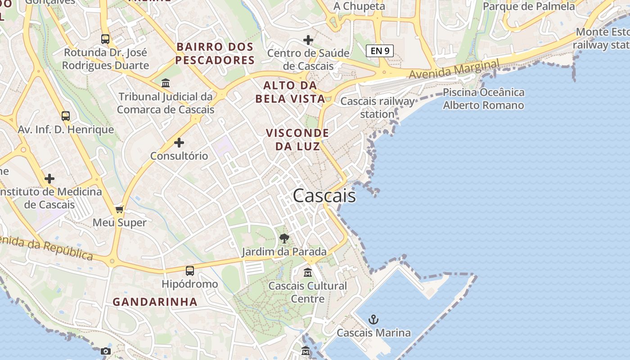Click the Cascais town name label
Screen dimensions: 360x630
pos(324,196)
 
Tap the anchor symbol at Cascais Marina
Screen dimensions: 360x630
pos(373,319)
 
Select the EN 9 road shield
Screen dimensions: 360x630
pos(380,51)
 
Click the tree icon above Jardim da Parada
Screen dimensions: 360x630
pos(284,238)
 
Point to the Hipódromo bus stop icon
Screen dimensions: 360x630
pos(190,270)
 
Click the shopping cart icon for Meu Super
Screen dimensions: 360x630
pos(120,209)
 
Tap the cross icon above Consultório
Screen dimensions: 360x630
pos(179,143)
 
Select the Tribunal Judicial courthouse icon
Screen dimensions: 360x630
pos(166,83)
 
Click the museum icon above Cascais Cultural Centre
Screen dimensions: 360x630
pos(308,272)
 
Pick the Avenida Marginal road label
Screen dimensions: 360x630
pos(454,69)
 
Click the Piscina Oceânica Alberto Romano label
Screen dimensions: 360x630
pos(483,99)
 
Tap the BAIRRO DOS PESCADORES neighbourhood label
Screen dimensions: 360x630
pos(215,53)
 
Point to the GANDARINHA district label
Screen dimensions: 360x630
pos(155,301)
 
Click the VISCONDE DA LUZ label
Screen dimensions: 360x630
pos(297,139)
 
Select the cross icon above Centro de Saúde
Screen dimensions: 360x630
pos(308,40)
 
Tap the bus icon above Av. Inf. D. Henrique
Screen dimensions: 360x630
pos(66,116)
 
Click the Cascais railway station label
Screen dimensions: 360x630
pos(377,107)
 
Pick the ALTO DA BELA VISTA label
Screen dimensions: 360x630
pos(290,92)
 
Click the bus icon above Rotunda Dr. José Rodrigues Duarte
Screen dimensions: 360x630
pos(105,39)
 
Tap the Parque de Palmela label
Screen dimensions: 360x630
pos(529,6)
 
